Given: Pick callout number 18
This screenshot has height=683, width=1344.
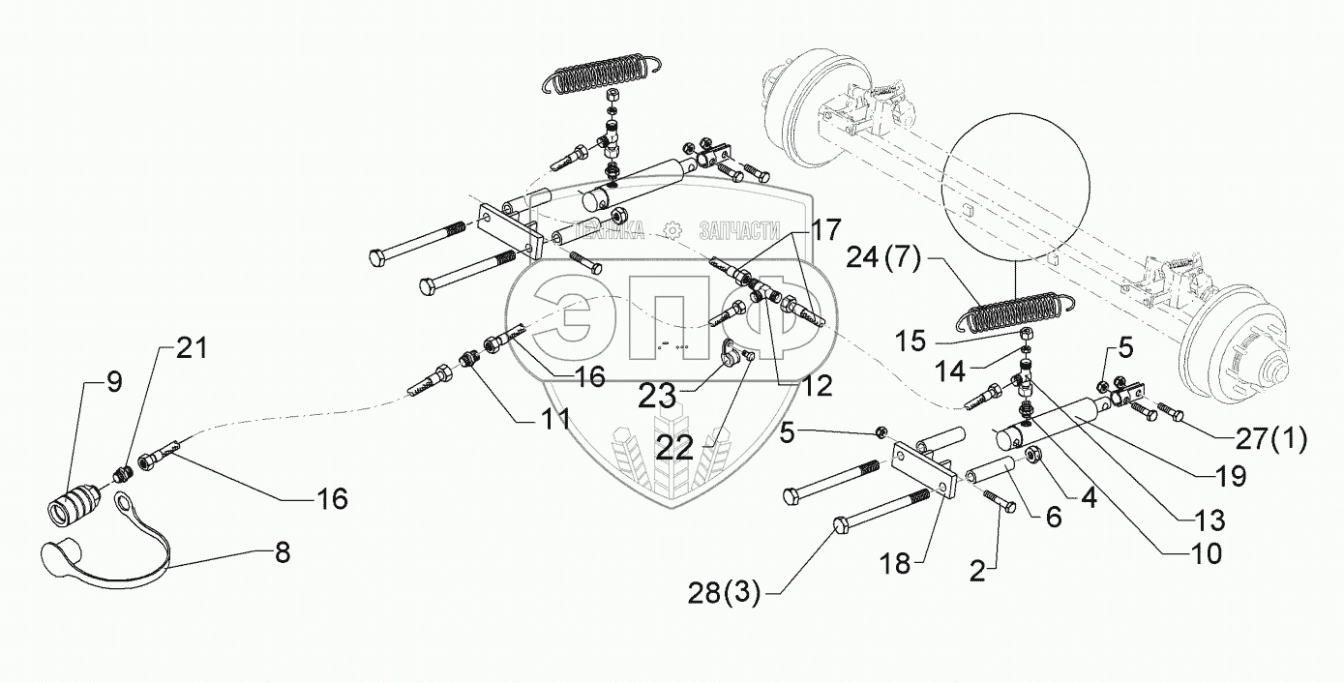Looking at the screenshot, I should pos(896,563).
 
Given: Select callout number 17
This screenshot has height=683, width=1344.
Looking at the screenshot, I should pos(825,231).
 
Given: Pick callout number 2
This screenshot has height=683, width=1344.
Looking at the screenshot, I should pos(977,571).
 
